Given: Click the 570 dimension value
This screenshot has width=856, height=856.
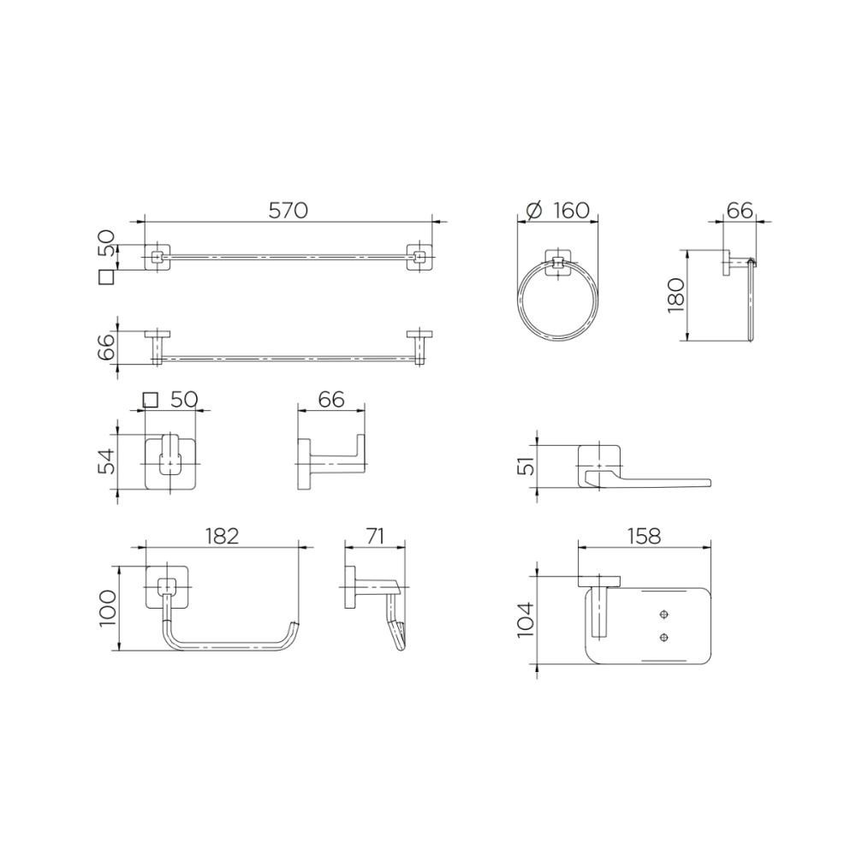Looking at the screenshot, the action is (288, 211).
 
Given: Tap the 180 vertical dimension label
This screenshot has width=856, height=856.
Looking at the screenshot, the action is (676, 294).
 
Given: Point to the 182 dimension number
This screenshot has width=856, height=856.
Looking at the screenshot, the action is (222, 536).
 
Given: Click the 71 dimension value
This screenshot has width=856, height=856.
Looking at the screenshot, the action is (375, 536).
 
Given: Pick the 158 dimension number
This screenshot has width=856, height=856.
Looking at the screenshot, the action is (645, 536).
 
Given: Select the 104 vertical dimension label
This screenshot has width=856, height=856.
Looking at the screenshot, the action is (524, 620).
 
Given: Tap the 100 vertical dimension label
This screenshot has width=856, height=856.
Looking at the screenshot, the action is (108, 609).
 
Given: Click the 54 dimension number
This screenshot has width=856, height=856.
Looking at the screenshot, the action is (108, 461).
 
